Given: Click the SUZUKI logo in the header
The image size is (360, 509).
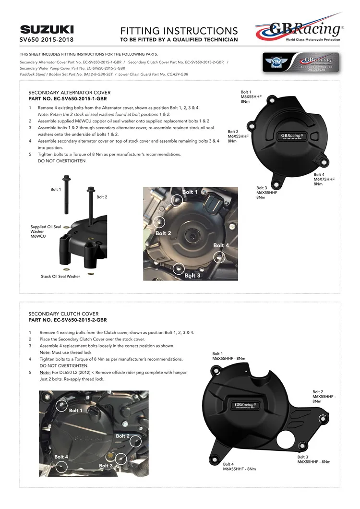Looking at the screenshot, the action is coord(47,30).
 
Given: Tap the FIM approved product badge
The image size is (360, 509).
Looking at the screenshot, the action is coord(301,62).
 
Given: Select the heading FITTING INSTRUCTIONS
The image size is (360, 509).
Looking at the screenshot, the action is coord(179,31).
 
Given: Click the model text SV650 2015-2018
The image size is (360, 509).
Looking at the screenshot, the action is coord(47,39).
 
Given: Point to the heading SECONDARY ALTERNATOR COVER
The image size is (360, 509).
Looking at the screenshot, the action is coord(70,93).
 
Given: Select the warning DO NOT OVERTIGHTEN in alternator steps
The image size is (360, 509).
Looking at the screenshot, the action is coord(62,161).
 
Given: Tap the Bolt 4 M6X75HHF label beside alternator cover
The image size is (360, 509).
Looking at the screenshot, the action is coord(324,179).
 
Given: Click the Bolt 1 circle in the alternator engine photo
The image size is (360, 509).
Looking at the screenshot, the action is coord(177,200).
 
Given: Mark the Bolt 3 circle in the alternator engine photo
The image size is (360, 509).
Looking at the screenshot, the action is coord(179,268).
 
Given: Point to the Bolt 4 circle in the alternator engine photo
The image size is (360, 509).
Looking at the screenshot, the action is coord(219,257).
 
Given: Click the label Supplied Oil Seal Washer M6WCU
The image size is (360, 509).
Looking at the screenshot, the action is coord(46,231).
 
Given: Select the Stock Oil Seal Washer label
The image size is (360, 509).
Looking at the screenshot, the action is coord(60,276).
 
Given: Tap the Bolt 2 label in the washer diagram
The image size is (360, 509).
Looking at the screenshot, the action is coord(102,197).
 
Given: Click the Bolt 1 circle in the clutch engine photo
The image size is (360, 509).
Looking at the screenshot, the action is coord(61,405).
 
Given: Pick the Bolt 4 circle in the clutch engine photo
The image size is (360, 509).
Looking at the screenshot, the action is coord(61,467).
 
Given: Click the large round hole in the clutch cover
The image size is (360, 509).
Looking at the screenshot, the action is coord(286,439).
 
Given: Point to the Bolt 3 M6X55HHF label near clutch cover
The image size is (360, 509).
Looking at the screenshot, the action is coord(314,460).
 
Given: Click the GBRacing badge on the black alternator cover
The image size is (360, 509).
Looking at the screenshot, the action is coord(292,136).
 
